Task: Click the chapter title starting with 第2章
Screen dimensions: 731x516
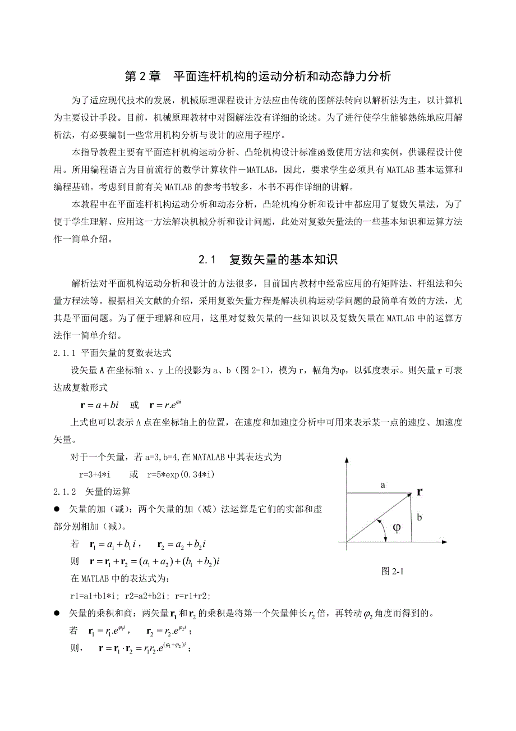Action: (257, 76)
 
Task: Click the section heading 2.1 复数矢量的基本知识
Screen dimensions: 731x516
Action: (268, 260)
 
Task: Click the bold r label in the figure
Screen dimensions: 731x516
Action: (419, 492)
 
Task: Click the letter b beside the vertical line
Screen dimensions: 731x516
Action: (420, 518)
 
